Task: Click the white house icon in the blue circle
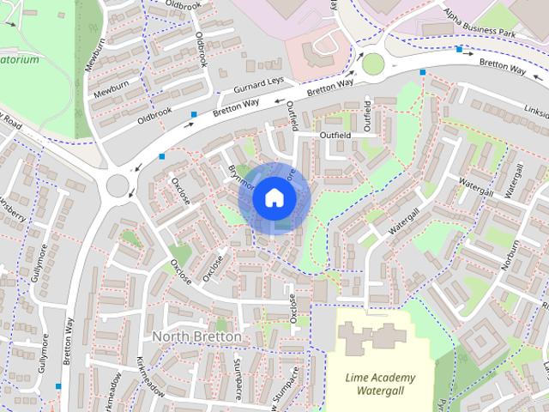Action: coord(274,197)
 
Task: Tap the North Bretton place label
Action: coord(196,337)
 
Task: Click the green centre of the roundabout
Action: coord(373,63)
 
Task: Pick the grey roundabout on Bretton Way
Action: coord(118,184)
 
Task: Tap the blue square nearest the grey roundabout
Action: coord(162,156)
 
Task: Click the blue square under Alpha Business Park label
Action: coord(460,50)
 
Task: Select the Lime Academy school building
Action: coord(370,340)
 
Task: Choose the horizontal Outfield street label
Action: coord(335,136)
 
